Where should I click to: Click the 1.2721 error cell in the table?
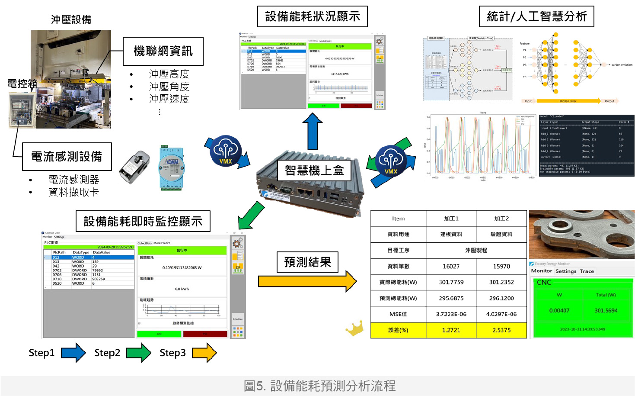tap(451, 330)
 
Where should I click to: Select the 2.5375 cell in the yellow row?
tap(501, 330)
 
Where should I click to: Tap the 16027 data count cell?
tap(451, 266)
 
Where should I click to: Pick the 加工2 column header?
tap(501, 219)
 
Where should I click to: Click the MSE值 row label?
tap(398, 314)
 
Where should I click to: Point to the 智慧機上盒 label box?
tap(314, 171)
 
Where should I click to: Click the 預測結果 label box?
tap(307, 262)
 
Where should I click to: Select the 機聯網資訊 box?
tap(163, 51)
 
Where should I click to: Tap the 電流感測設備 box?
tap(67, 157)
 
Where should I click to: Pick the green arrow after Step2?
tap(139, 353)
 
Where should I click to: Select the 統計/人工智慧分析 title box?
tap(536, 16)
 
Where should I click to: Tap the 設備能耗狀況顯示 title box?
tap(312, 16)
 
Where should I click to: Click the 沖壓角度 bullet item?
tap(169, 87)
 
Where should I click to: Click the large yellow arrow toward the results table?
tap(307, 281)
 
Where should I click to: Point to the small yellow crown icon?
tap(355, 329)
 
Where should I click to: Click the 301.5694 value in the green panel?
tap(606, 311)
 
